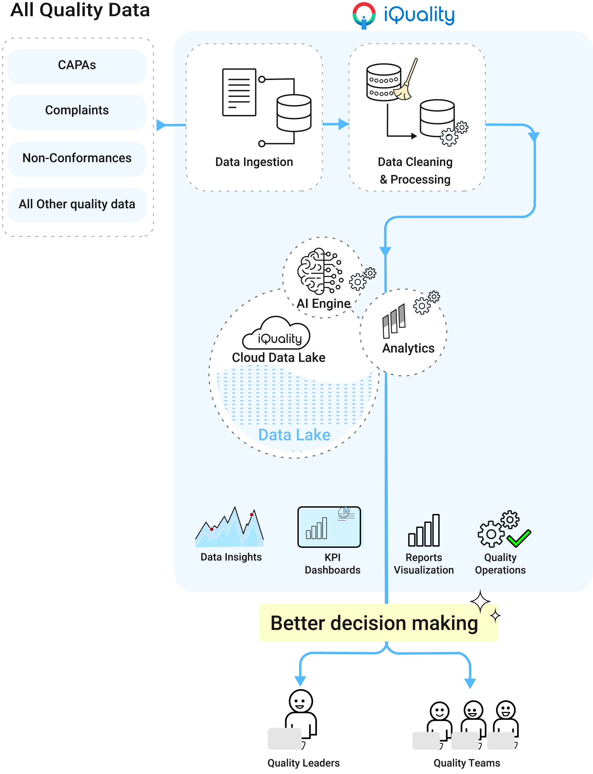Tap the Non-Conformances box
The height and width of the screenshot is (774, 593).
click(77, 158)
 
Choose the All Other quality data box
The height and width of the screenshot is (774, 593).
click(77, 205)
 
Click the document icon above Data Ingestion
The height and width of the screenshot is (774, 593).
click(239, 92)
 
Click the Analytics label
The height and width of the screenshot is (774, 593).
click(409, 348)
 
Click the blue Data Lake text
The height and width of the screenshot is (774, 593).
click(294, 435)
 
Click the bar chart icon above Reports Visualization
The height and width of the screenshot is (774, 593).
click(424, 531)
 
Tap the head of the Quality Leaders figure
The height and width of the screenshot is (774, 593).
click(301, 701)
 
